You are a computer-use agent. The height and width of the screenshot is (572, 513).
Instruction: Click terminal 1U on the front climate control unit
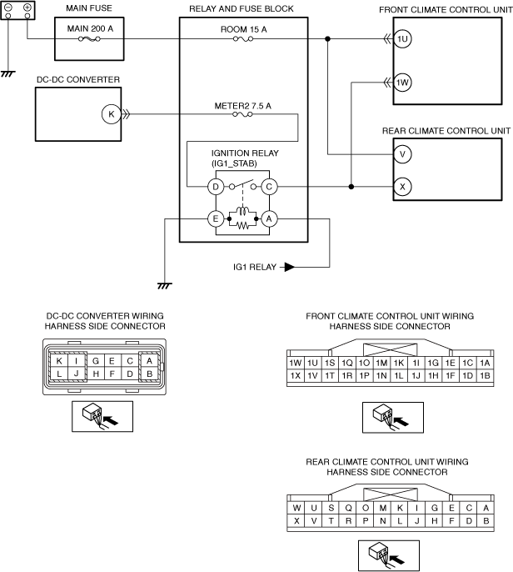pos(402,38)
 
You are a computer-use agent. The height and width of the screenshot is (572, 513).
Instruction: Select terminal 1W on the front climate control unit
pos(402,83)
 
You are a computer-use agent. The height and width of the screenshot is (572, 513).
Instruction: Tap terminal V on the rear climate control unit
pos(402,154)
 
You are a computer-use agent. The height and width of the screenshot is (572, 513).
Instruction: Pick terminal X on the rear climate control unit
pos(402,187)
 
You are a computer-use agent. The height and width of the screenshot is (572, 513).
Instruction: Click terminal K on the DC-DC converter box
pos(111,114)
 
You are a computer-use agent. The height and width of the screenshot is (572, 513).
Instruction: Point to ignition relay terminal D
pos(216,187)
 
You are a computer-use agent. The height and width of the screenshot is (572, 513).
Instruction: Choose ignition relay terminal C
pos(269,187)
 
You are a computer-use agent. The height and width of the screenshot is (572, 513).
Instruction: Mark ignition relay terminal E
pos(216,218)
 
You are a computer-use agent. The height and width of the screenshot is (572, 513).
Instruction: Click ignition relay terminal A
pos(269,218)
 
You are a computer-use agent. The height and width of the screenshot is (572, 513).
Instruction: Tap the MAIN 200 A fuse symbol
pos(89,38)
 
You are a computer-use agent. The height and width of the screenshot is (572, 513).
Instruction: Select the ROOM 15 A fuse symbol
pos(243,38)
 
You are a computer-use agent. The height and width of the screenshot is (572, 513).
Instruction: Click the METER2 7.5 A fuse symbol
pos(242,114)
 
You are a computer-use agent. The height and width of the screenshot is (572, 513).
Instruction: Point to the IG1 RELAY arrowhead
pos(290,267)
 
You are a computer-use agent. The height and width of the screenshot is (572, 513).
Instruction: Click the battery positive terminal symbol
pos(27,8)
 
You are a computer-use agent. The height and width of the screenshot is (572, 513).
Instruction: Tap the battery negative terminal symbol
pos(8,8)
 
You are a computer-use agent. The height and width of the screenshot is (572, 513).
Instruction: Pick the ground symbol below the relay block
pos(165,286)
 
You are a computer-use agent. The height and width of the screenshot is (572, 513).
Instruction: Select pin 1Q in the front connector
pos(347,363)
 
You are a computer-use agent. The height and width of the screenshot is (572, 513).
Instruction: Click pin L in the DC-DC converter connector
pos(59,374)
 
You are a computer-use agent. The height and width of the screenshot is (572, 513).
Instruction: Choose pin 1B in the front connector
pos(485,376)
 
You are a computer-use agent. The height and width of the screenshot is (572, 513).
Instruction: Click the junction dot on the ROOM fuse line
pos(327,38)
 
